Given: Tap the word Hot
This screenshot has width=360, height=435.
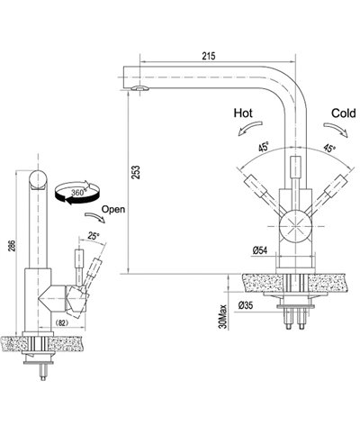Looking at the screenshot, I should pyautogui.click(x=245, y=115).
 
